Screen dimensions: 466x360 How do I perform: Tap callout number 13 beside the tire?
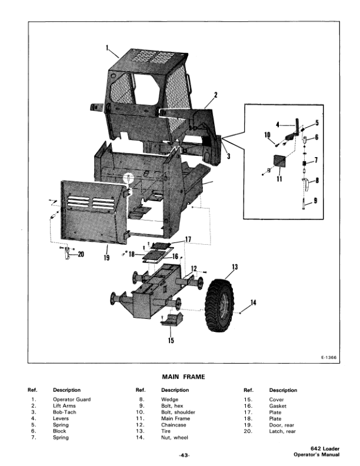tap(235, 268)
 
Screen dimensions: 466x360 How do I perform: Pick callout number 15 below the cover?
tap(171, 340)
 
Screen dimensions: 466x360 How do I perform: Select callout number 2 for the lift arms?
tap(216, 95)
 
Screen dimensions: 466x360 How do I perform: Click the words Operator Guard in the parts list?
tap(72, 400)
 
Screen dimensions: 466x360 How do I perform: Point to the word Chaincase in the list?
tap(174, 425)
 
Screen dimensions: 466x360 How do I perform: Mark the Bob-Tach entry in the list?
tap(64, 412)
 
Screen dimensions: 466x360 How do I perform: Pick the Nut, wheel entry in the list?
tap(176, 438)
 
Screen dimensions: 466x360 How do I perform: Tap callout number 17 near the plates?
tap(188, 239)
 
